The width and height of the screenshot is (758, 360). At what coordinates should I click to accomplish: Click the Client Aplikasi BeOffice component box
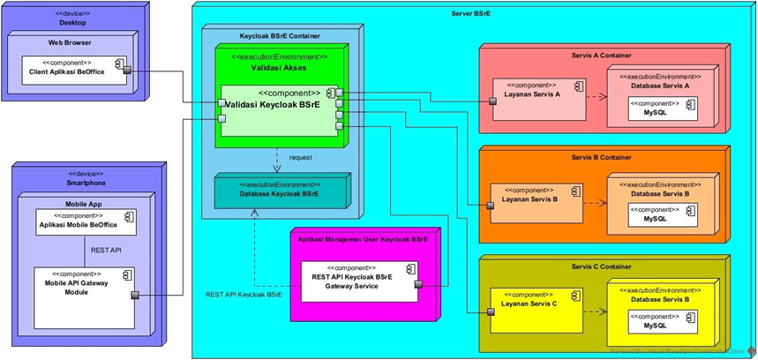[73, 71]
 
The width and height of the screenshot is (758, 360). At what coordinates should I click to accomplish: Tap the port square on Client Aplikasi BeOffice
[128, 71]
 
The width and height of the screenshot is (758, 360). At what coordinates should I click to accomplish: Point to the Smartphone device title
[86, 184]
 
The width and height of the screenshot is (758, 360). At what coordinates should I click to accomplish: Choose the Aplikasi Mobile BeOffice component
[86, 222]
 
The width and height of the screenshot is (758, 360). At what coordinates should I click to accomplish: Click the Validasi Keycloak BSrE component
[278, 110]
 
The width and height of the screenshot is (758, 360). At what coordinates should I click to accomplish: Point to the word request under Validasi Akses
[301, 157]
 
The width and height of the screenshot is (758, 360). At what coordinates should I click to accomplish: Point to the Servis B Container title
[601, 158]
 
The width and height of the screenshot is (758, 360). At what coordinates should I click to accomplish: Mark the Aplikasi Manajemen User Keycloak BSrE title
[363, 239]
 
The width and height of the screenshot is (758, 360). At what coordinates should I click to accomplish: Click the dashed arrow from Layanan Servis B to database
[594, 203]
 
